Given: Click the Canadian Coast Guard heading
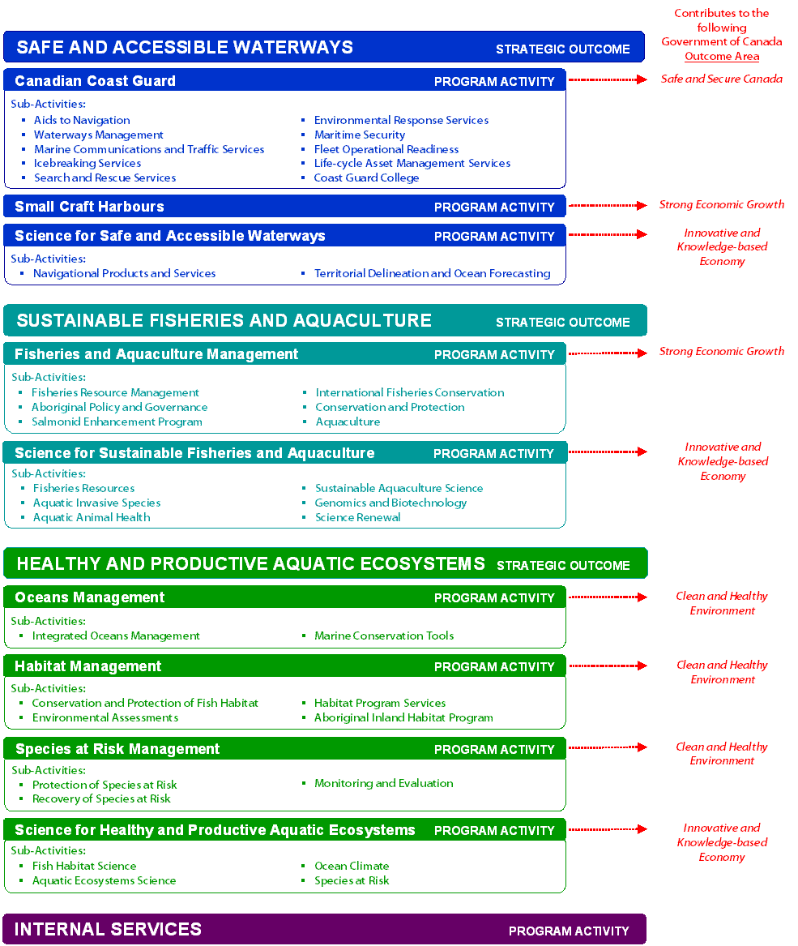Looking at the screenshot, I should coord(95,81).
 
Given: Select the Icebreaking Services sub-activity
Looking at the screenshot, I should coord(87,163).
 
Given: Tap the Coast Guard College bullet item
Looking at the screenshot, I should coord(366,178).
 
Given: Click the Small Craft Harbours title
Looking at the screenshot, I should coord(89,207).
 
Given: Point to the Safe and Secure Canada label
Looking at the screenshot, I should coord(721,79).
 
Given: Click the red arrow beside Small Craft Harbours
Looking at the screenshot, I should coord(608,206).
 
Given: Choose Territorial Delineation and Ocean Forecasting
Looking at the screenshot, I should coord(432,273).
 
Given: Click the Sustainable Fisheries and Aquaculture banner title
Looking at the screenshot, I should coord(224,321).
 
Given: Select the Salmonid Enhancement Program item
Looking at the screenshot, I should coord(117,422).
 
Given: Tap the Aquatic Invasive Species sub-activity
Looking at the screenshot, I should coord(96,503).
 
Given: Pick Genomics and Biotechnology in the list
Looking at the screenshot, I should coord(390,503).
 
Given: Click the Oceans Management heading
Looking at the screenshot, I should coord(89,597).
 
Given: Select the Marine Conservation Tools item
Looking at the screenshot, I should coord(384,636).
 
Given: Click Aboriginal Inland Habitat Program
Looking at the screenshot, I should coord(403,717).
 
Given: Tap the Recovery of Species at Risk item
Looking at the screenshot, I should coord(101,798).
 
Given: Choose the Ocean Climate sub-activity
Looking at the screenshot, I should coord(352,866).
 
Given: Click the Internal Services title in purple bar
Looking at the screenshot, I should coord(108,929).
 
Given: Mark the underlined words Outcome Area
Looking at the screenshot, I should coord(722,56).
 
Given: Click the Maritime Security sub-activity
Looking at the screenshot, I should coord(360,135).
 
